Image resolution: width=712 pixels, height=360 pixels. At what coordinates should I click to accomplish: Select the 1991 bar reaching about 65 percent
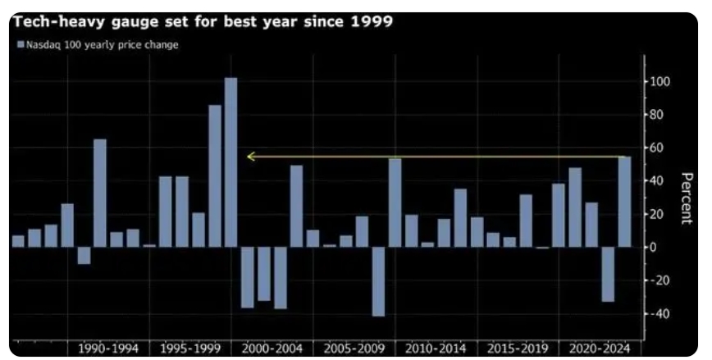pos(99,193)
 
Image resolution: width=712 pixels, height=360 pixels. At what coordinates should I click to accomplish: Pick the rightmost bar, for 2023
pos(624,201)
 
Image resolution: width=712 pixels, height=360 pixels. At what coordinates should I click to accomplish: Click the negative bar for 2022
pos(608,274)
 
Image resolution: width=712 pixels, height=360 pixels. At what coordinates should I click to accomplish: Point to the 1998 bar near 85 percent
pos(214,175)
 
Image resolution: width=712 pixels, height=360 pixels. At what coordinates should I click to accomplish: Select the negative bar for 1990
pos(83,255)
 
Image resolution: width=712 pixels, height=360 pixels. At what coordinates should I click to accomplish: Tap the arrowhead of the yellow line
pos(250,157)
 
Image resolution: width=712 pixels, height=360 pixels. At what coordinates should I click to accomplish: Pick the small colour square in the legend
pos(20,45)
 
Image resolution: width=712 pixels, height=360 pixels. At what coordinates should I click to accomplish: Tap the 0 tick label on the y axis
pos(655,247)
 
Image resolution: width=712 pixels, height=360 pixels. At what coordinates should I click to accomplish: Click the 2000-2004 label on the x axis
pos(272,348)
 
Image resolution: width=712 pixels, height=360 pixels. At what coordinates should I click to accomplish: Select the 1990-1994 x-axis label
pos(107,348)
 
